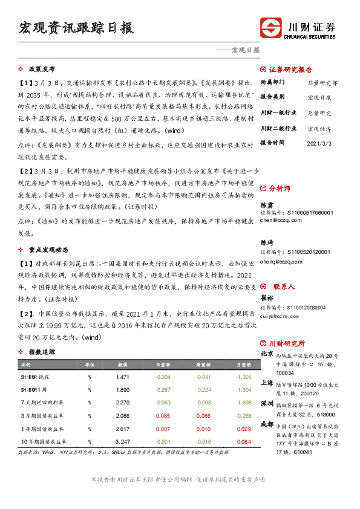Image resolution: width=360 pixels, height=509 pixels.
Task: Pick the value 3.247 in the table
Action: pos(123,442)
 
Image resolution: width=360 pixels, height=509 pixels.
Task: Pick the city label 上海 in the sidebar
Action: pos(266,383)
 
